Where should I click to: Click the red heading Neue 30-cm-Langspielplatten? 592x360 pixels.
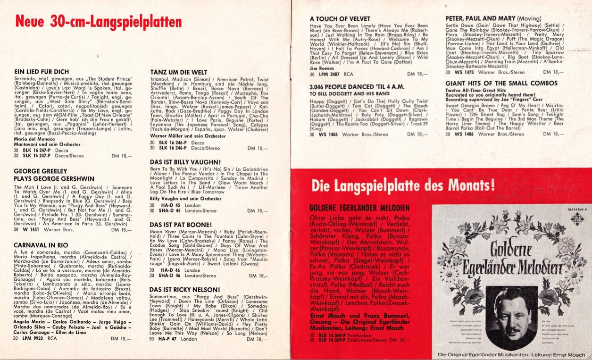pyautogui.click(x=99, y=22)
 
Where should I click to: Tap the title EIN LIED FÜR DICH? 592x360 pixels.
pyautogui.click(x=42, y=71)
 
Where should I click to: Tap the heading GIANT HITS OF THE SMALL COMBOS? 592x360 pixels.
pyautogui.click(x=495, y=84)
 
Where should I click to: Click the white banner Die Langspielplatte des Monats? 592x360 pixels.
pyautogui.click(x=403, y=185)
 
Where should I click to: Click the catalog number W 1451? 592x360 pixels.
pyautogui.click(x=31, y=230)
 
